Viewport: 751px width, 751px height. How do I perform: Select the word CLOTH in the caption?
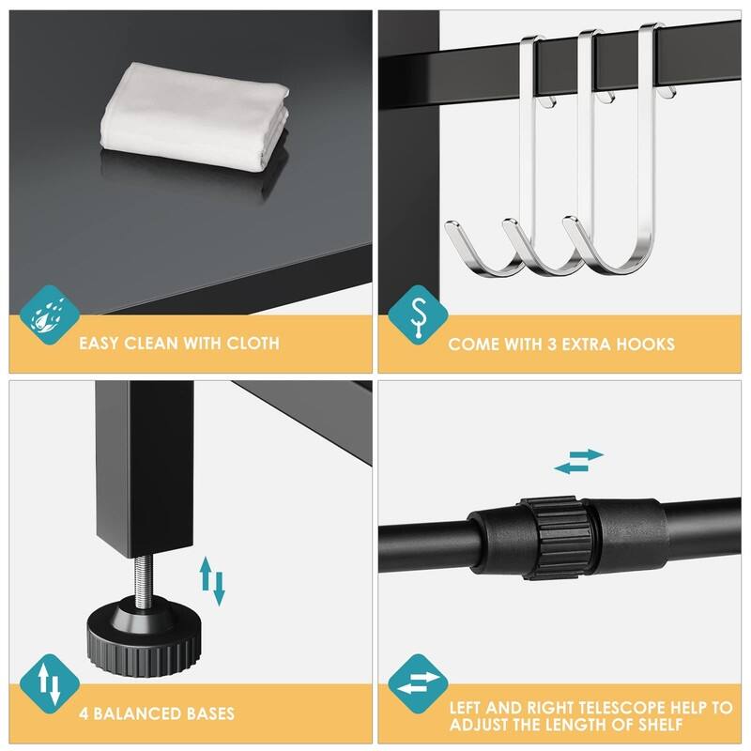tap(253, 344)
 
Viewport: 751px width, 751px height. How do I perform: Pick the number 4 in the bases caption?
tap(83, 713)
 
